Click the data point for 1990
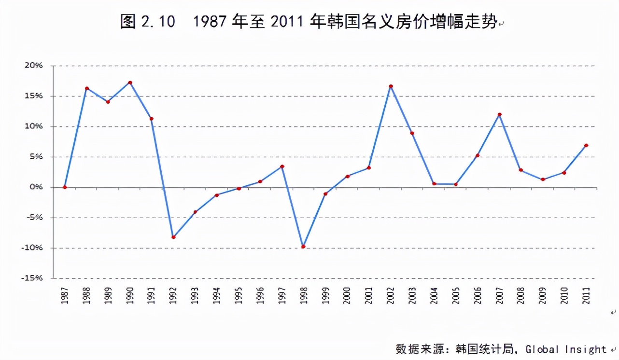click(x=130, y=83)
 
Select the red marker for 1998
click(x=303, y=247)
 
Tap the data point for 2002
click(x=391, y=86)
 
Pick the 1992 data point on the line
click(x=173, y=237)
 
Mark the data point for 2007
click(x=499, y=114)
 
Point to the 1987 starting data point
click(x=65, y=187)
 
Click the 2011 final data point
click(x=586, y=145)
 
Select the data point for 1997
click(x=282, y=166)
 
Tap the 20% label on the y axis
click(x=34, y=66)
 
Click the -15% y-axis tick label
click(x=32, y=278)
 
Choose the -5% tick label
click(x=34, y=218)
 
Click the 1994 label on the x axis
click(x=217, y=295)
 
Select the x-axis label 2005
click(x=456, y=295)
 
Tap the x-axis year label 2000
click(x=347, y=295)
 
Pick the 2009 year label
click(x=543, y=295)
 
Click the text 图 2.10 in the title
click(x=147, y=22)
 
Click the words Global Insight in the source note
click(x=565, y=349)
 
